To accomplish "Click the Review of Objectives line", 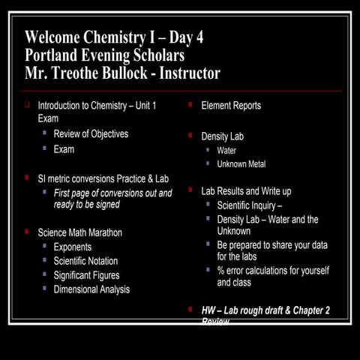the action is [x=91, y=134].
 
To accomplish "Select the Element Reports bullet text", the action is [x=231, y=106].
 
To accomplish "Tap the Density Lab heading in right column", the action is [x=222, y=136].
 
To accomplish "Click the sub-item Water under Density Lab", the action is [x=226, y=151].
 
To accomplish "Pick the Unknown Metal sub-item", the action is [x=241, y=164].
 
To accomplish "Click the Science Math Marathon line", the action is [x=79, y=232].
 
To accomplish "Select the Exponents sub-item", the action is [x=73, y=247].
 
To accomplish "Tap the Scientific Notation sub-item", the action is [x=85, y=261].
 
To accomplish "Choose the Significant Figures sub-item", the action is [x=86, y=275].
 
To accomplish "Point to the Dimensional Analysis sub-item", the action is [x=91, y=289].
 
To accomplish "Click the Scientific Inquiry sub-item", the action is [x=249, y=205].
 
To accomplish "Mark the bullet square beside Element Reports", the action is [x=190, y=105].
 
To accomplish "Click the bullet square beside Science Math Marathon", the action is [x=27, y=232].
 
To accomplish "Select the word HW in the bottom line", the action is [x=209, y=310].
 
